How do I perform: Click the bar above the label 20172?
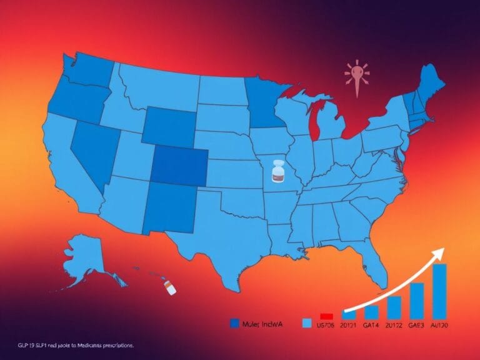[394, 306]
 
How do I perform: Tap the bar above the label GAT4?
[371, 311]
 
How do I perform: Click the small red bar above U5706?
[325, 316]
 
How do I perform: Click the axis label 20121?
[348, 325]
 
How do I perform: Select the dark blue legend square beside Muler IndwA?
[234, 323]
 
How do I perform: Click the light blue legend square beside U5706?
[306, 324]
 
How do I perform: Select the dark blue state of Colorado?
[180, 167]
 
